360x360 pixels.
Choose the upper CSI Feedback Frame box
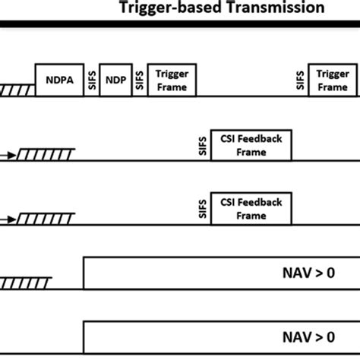click(251, 146)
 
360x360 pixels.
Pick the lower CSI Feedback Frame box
click(251, 209)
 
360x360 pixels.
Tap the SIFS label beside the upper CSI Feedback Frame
click(202, 147)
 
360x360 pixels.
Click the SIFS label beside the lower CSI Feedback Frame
click(202, 210)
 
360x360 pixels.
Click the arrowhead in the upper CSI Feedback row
click(15, 155)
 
